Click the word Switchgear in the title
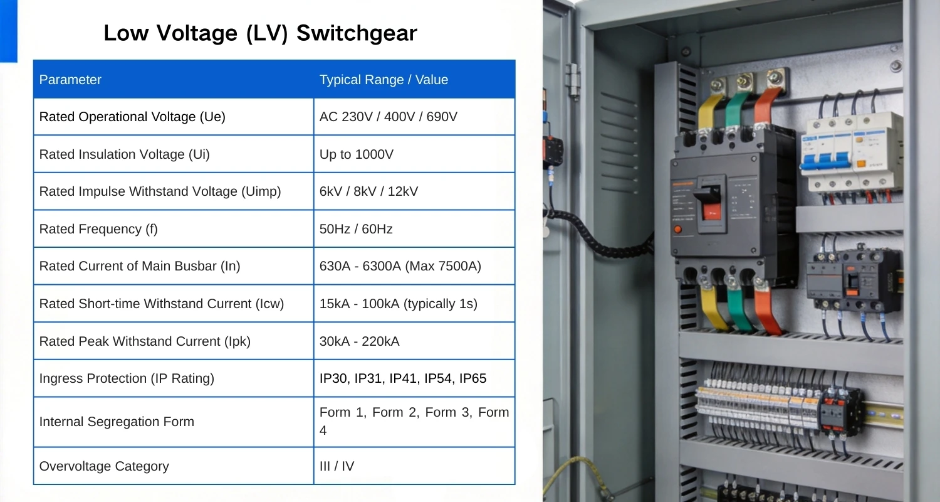pos(357,33)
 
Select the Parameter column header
pos(70,80)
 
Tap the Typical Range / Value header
pos(384,80)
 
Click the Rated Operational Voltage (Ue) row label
pos(132,117)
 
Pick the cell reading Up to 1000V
pos(357,154)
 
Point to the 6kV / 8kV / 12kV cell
pos(368,191)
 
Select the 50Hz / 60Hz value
pos(356,229)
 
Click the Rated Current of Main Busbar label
pos(139,266)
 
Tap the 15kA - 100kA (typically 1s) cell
pos(398,304)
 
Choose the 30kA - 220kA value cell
pos(359,341)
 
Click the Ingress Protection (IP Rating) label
pos(127,378)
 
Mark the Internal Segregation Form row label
pos(117,422)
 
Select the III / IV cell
pos(337,466)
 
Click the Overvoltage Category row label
pos(104,466)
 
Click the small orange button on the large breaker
pos(677,230)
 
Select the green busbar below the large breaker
pos(739,309)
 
